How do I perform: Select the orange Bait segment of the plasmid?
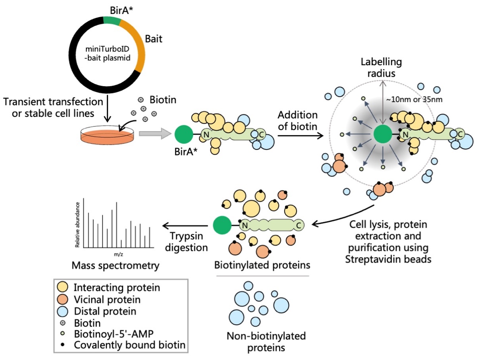coord(134,44)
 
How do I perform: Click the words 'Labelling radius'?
coord(381,68)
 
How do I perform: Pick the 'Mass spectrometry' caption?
coord(115,265)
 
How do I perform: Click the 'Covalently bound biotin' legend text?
coord(130,345)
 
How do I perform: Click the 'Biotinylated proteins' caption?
coord(262,265)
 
